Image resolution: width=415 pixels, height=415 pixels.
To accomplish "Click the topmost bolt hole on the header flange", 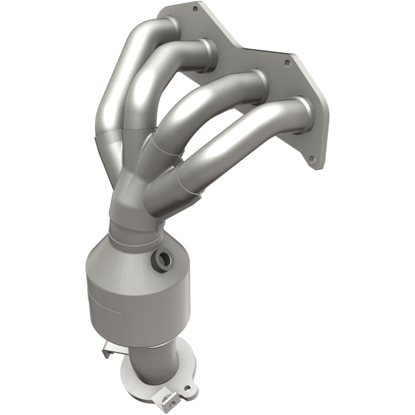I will pos(194,10).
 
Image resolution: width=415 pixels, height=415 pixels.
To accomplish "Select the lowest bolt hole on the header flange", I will pos(312,159).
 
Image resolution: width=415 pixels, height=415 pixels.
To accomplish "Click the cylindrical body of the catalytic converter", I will pos(124,300).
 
